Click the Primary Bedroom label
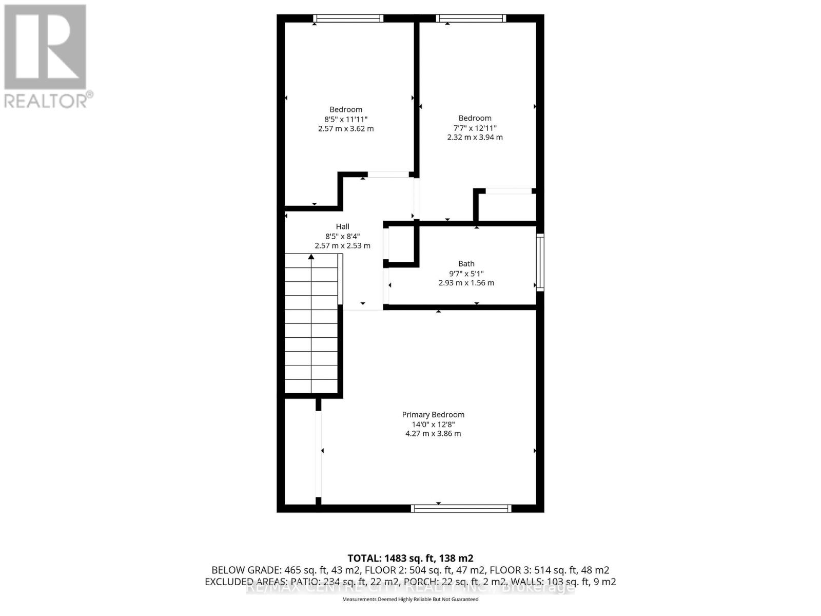[x=433, y=415]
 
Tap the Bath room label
[x=466, y=264]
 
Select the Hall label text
[x=343, y=226]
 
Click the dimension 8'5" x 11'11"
[x=346, y=119]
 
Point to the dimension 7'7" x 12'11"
[x=475, y=128]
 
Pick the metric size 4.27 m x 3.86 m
[x=433, y=434]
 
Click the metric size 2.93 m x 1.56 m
[x=466, y=283]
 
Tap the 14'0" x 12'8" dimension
[x=433, y=425]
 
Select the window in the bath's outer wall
[x=540, y=262]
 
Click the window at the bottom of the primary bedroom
[x=461, y=509]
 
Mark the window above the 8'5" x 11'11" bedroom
[x=348, y=18]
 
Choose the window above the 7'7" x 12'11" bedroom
[x=471, y=18]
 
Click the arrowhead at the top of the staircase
[x=311, y=257]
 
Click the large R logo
[x=45, y=47]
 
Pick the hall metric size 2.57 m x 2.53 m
[x=343, y=246]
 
